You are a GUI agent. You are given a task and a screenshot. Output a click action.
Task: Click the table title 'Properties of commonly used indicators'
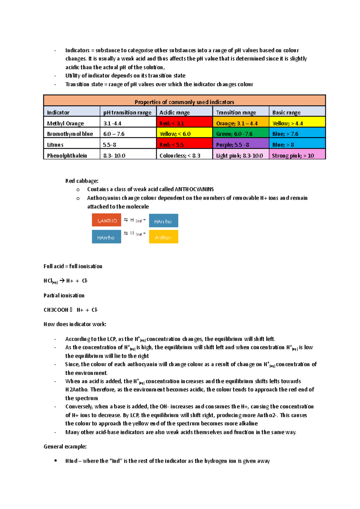pos(184,102)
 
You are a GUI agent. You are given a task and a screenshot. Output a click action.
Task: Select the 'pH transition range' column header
pos(127,112)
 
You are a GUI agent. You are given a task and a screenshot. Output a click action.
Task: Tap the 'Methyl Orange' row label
pos(65,123)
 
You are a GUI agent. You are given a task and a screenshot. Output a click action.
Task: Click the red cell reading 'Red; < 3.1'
pos(184,123)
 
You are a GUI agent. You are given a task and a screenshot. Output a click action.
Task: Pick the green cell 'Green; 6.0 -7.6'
pos(241,134)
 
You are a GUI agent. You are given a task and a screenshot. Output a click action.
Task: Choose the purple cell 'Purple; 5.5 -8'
pos(241,144)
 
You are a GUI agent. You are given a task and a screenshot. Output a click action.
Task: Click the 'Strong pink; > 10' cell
pos(297,155)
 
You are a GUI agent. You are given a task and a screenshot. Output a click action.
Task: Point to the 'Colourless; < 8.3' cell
pos(184,155)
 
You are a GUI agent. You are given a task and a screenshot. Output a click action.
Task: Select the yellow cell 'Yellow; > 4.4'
pos(297,123)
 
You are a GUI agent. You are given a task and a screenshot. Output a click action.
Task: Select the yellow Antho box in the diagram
pos(163,237)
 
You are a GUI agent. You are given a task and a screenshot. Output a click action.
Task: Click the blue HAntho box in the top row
pos(163,221)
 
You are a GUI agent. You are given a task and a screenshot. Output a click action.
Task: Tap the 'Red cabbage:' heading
pos(82,181)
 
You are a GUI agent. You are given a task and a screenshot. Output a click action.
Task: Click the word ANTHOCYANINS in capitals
pos(194,189)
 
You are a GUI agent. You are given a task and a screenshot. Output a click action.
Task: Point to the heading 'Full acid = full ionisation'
pos(73,266)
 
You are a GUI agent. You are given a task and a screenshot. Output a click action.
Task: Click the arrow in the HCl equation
pos(62,281)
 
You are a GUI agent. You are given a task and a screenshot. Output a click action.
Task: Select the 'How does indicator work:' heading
pos(75,324)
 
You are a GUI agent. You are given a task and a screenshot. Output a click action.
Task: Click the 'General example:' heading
pos(65,446)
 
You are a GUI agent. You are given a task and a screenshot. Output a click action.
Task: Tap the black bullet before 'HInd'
pos(55,460)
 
